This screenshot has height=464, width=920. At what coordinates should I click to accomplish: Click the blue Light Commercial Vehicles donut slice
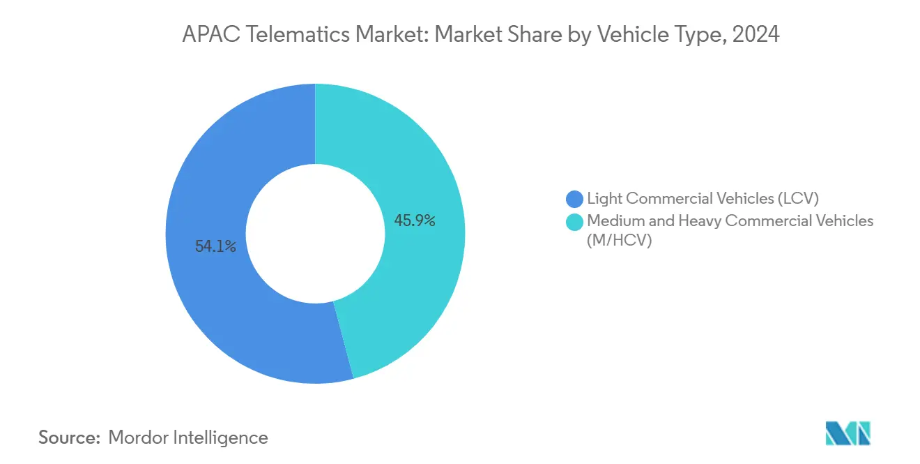pos(209,293)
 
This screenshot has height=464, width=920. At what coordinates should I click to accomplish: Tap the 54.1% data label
pos(215,246)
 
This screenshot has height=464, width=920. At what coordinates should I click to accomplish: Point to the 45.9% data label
pos(415,221)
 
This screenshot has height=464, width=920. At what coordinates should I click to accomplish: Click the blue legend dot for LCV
pos(575,199)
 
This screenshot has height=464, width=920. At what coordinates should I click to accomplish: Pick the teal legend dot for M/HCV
pos(575,222)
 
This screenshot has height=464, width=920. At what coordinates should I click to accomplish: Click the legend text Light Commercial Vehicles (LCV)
pos(702,198)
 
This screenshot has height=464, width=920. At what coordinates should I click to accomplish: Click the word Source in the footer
pos(67,437)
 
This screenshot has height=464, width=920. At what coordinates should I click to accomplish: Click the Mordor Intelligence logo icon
pos(848,433)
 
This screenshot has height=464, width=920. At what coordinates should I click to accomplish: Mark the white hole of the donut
pos(315,234)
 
